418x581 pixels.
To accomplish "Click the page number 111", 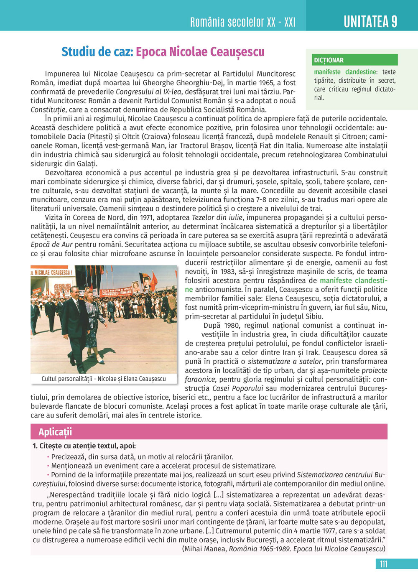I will coord(383,564).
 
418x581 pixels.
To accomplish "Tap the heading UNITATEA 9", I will coord(370,21).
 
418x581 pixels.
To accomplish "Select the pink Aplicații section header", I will coord(55,432).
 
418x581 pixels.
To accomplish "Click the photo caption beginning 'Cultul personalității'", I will coord(104,379).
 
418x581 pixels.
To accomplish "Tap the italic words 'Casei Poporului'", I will coord(241,388).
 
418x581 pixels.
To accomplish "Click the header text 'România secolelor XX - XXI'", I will coord(242,22).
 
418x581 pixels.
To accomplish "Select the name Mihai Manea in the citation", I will coord(205,548).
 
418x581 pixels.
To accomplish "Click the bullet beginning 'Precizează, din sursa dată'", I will coord(142,456).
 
